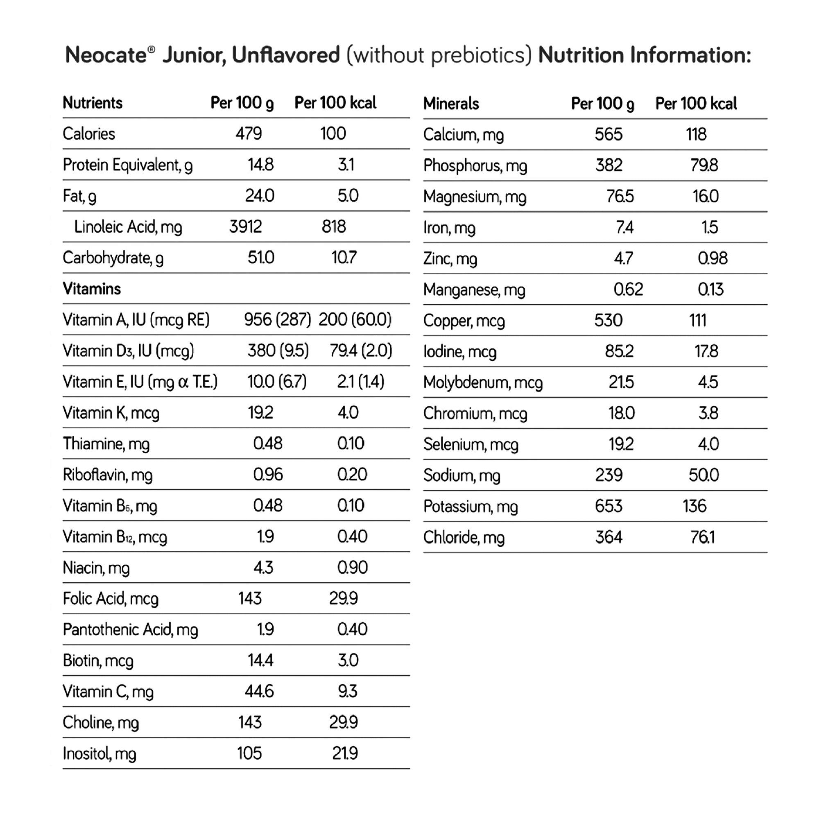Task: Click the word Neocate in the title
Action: tap(106, 56)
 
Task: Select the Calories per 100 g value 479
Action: tap(249, 134)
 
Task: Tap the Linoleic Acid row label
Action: tap(128, 227)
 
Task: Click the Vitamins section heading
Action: tap(92, 289)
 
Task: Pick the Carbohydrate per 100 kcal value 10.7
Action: tap(344, 258)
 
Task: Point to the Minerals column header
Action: tap(451, 104)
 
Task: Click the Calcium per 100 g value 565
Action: tap(609, 135)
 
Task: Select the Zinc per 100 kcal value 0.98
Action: tap(713, 258)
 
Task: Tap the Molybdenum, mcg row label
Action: tap(483, 383)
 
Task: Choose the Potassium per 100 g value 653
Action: tap(609, 506)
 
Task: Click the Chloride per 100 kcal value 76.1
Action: tap(702, 538)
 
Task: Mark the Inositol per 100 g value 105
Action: tap(249, 754)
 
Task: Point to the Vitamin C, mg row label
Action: tap(108, 692)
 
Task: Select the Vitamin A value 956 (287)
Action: tap(278, 320)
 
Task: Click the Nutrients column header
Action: tap(93, 103)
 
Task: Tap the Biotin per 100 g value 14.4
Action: tap(260, 661)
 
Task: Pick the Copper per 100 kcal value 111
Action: tap(698, 321)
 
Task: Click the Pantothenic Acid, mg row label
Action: tap(130, 630)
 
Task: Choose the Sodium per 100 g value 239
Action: tap(609, 475)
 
